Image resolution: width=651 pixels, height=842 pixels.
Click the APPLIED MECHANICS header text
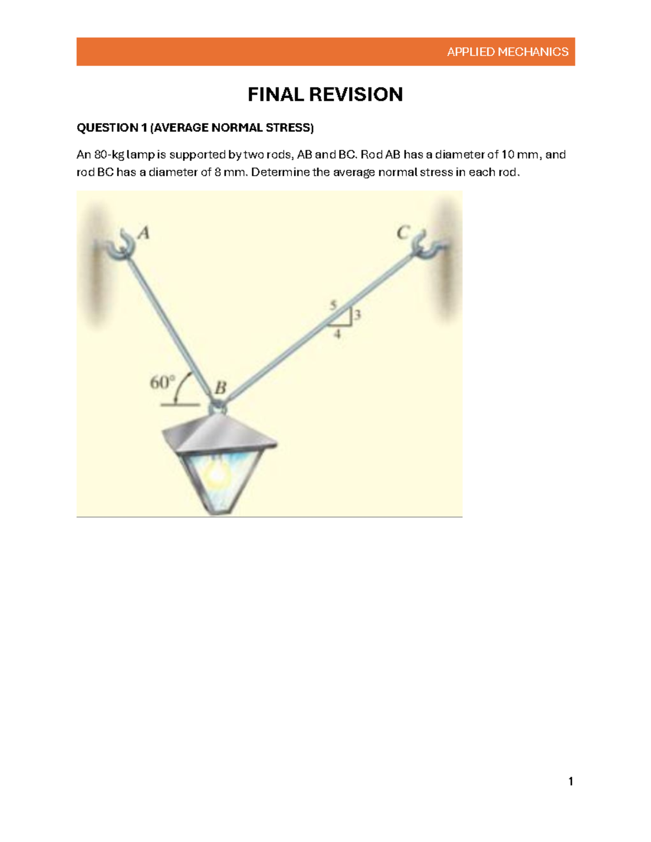tap(508, 52)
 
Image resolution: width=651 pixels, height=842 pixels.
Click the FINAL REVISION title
tap(325, 94)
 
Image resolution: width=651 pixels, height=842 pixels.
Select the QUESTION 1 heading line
tap(195, 127)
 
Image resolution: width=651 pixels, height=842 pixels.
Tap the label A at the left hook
tap(143, 233)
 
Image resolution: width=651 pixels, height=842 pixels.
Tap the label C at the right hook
tap(403, 233)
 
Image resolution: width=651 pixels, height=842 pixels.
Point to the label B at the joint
tap(220, 388)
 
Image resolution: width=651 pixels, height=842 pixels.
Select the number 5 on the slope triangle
tap(333, 305)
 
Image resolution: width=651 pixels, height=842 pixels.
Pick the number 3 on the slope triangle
tap(358, 314)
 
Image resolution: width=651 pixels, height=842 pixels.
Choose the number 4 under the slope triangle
tap(337, 334)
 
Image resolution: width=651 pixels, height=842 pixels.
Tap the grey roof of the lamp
tap(220, 434)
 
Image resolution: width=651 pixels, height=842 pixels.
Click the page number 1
tap(570, 781)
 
